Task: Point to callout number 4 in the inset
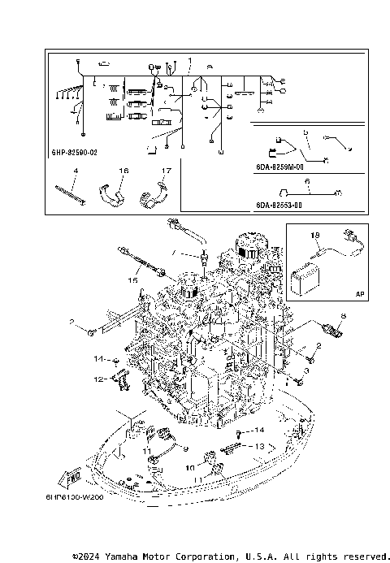pos(75,171)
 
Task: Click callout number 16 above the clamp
pos(124,171)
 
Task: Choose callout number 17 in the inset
pos(165,171)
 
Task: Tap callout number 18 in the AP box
pos(316,234)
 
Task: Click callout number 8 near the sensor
pos(342,315)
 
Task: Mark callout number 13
pos(259,447)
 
